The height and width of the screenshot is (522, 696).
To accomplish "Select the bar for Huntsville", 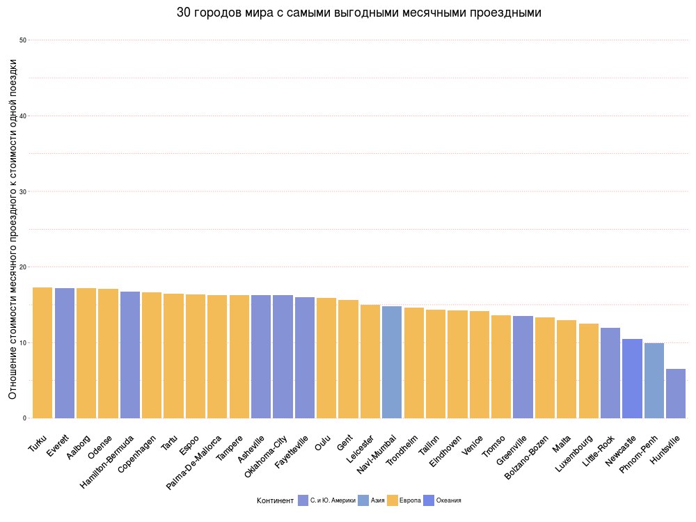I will [x=676, y=393].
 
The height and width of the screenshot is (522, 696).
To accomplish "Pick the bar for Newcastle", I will [x=632, y=379].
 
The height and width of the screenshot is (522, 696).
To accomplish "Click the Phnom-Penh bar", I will [x=654, y=381].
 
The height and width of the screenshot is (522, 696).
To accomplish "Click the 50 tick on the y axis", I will [x=23, y=40].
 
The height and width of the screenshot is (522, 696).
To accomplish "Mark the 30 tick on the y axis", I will [x=23, y=191].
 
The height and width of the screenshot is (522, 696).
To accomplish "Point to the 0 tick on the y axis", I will [x=24, y=418].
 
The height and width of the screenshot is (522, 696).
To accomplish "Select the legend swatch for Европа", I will [x=393, y=500].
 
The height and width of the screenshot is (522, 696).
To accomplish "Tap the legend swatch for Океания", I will [x=429, y=500].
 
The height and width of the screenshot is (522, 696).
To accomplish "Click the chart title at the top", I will [x=358, y=13].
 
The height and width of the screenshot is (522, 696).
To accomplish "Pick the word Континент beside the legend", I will [x=274, y=500].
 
